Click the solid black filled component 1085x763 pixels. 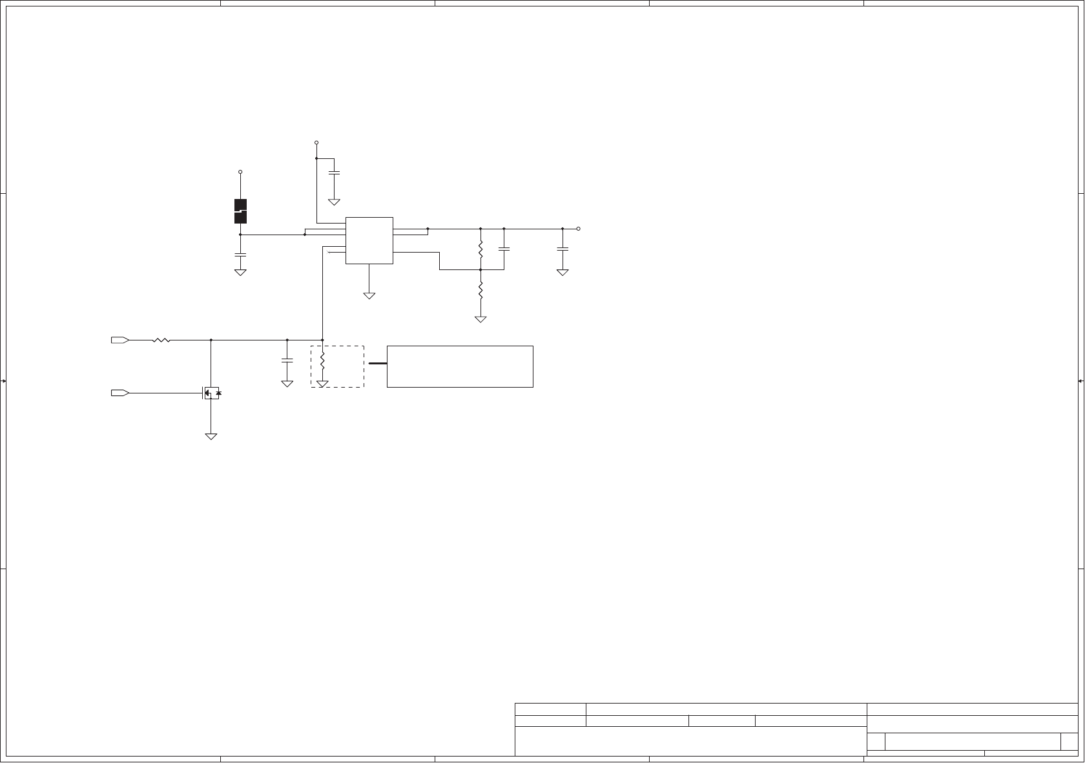(240, 211)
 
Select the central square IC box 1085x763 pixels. (369, 240)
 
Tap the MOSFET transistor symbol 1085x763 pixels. (211, 393)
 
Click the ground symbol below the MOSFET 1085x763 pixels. (211, 437)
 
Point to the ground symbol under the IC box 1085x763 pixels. (369, 296)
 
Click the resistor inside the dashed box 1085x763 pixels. (322, 363)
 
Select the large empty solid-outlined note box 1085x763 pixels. (460, 366)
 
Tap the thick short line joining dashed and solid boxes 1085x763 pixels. (377, 364)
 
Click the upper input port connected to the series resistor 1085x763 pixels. (120, 340)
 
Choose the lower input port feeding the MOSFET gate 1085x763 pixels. (120, 393)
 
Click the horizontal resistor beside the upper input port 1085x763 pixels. (161, 340)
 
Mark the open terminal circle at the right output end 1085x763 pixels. (578, 229)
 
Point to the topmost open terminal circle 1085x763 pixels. (316, 142)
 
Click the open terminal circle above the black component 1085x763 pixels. (240, 172)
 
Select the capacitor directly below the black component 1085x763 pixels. (240, 255)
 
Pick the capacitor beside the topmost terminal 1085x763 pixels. (335, 172)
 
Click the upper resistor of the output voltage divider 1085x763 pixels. (480, 249)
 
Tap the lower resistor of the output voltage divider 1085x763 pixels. (480, 291)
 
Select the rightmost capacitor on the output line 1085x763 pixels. (563, 249)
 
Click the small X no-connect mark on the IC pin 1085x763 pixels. (328, 252)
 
